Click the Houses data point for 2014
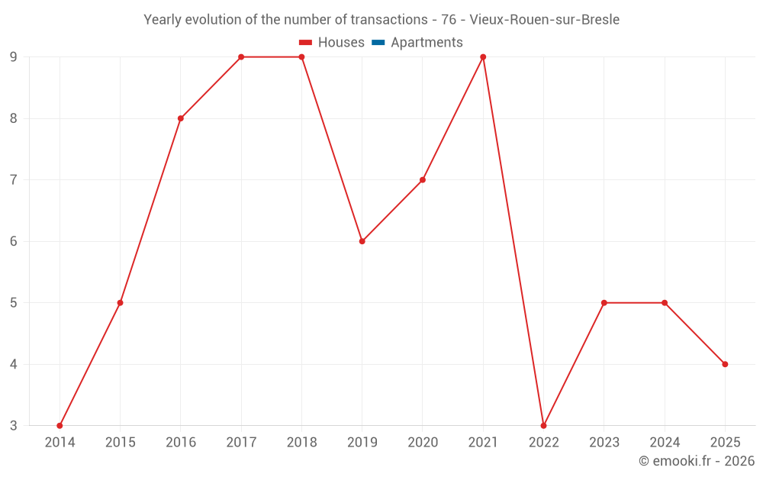[60, 425]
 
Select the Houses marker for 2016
[181, 118]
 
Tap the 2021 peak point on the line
[483, 57]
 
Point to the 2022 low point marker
[543, 425]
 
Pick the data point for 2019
[362, 241]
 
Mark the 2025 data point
[725, 364]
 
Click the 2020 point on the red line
[423, 180]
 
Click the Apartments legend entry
[427, 43]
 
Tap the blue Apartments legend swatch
[378, 43]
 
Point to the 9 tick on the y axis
[14, 57]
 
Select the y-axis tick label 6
[14, 241]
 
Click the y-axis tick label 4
[14, 364]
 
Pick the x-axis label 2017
[241, 442]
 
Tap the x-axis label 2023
[604, 442]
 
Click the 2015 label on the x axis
[120, 442]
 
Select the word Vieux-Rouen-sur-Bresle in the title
[545, 19]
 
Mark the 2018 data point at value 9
[301, 57]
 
